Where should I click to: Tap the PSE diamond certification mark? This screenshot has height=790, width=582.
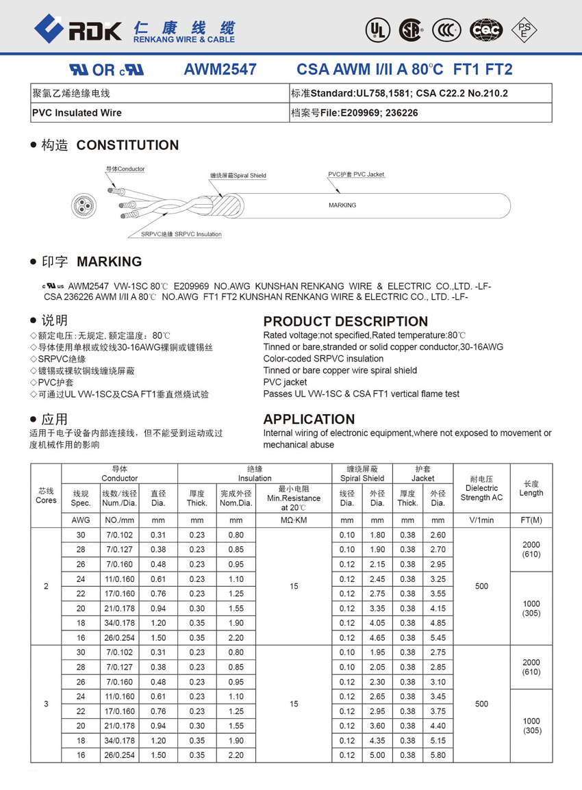tap(525, 29)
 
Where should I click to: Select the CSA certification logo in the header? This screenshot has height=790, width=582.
tap(412, 29)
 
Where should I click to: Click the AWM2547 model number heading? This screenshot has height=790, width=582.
tap(220, 69)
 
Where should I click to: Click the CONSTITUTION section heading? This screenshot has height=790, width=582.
tap(127, 145)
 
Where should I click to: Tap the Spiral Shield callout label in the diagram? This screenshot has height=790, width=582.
tap(238, 176)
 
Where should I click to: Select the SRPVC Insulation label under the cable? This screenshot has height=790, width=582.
tap(181, 235)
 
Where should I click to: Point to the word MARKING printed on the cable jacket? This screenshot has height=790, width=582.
tap(342, 205)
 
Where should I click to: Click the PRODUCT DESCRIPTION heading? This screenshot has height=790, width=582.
tap(346, 321)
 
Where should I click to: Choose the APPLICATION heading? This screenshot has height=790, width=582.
tap(309, 419)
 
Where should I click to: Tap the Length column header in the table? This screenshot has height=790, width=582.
tap(531, 488)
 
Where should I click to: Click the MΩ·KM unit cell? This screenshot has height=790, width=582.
tap(294, 520)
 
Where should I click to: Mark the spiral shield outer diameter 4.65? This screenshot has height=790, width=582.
tap(377, 638)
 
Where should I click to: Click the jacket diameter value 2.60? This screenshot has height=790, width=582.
tap(438, 535)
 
